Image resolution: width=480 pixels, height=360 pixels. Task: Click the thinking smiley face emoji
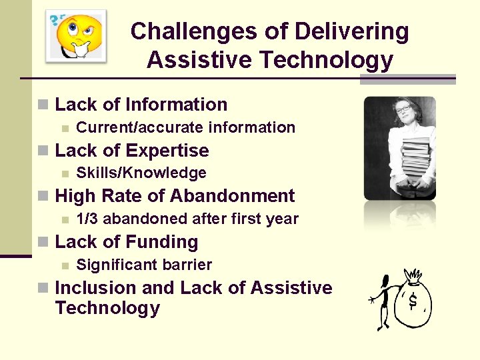coord(79,35)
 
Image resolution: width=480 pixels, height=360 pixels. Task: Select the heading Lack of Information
coord(141,105)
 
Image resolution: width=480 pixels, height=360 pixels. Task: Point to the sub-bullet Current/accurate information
coord(185,127)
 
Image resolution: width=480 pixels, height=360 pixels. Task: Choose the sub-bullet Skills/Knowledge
coord(141,173)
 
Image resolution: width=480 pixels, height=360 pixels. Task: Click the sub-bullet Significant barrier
coord(144,265)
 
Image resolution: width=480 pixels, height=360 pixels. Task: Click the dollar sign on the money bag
coord(413,301)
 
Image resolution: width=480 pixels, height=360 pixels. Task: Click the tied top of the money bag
coord(413,275)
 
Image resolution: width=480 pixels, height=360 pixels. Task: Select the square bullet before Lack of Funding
coord(43,242)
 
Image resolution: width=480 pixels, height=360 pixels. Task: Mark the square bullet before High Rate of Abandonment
coord(43,196)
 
